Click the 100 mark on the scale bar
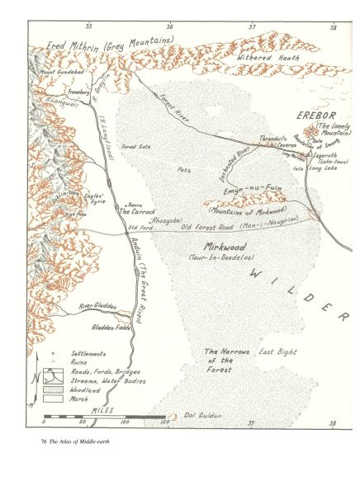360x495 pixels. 125,421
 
